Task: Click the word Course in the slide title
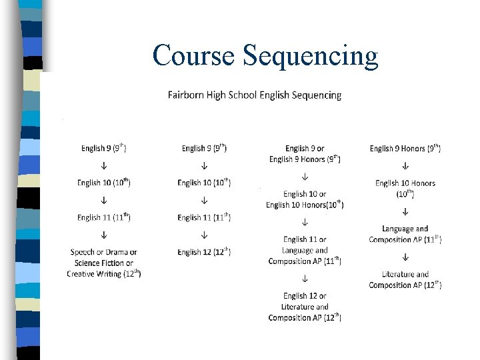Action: [x=193, y=55]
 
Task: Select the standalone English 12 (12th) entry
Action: [x=204, y=252]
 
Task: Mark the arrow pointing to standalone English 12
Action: [x=204, y=235]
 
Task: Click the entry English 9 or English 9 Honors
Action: [x=305, y=154]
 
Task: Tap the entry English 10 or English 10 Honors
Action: [x=305, y=199]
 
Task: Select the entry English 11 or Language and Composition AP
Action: [x=305, y=251]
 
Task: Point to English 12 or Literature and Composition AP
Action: [x=305, y=307]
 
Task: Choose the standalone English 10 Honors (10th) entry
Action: [x=405, y=188]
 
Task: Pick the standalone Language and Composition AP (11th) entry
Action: [x=405, y=234]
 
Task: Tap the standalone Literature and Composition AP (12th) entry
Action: [x=405, y=279]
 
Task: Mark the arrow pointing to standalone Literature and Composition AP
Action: [x=405, y=257]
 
